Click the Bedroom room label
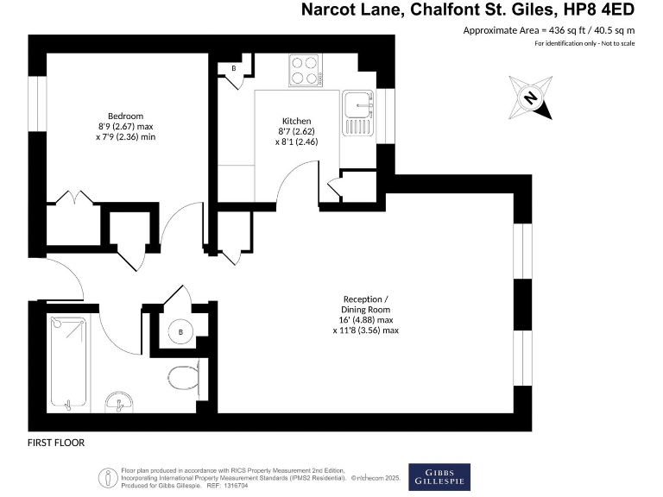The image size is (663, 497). (125, 116)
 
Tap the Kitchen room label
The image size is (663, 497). (296, 121)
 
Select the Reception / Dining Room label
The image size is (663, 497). (366, 304)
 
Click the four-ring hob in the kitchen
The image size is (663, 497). (305, 69)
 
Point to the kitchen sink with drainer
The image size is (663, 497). (356, 114)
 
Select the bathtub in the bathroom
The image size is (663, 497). (68, 362)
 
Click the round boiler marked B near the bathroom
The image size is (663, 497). (180, 331)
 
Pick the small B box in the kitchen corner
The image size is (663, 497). (233, 68)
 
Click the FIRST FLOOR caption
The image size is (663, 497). (56, 442)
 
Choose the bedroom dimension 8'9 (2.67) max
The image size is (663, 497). (124, 126)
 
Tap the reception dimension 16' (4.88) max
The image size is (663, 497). (366, 319)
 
